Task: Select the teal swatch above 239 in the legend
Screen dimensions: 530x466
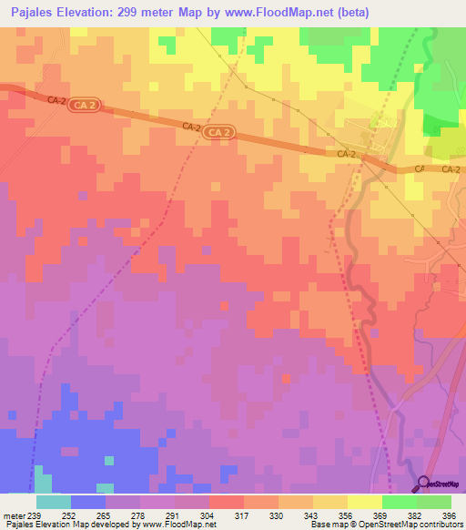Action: point(54,502)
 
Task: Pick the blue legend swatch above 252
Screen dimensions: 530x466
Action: point(88,502)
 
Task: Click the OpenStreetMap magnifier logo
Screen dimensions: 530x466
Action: point(425,484)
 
